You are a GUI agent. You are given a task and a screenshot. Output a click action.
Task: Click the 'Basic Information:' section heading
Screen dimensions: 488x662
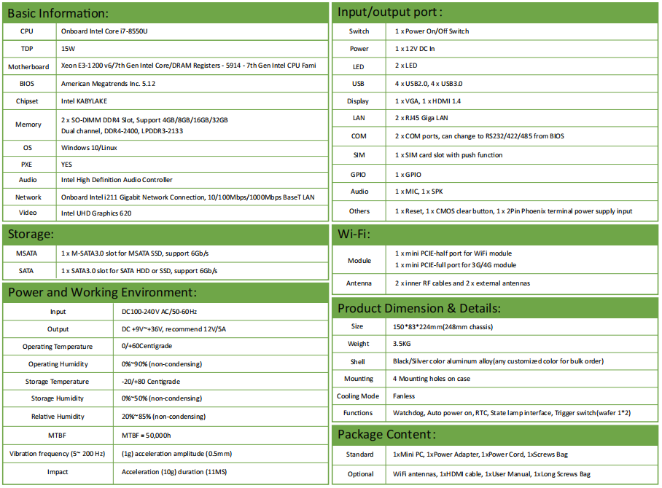pos(58,13)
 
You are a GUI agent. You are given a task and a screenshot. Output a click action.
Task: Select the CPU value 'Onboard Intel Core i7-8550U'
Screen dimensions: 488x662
pos(109,31)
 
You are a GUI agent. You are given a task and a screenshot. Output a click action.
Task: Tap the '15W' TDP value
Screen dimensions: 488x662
pos(69,49)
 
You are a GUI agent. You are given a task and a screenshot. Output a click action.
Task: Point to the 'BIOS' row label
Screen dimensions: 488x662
pos(27,84)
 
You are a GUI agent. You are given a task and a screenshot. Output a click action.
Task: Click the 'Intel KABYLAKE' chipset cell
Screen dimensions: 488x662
pos(85,101)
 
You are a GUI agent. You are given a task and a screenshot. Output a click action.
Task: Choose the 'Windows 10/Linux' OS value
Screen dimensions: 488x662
pos(89,148)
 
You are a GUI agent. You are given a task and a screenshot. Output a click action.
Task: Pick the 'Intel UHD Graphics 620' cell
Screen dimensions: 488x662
pos(96,213)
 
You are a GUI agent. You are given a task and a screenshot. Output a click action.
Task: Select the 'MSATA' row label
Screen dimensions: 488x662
pos(27,253)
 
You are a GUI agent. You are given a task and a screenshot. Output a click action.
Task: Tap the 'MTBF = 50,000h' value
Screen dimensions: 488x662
pos(146,435)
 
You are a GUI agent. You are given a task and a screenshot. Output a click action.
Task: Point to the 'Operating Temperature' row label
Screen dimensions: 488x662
pos(58,347)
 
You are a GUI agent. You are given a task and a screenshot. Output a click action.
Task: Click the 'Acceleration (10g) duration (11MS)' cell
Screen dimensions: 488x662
pos(174,472)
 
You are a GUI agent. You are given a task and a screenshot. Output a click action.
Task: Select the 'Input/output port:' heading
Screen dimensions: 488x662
pos(390,13)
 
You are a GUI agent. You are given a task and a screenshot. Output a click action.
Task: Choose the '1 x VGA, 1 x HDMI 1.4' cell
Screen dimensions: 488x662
pos(428,101)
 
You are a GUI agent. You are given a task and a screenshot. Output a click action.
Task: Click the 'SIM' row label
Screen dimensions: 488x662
pos(359,155)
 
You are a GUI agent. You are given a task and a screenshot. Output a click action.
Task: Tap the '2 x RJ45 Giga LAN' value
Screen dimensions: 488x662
pos(421,118)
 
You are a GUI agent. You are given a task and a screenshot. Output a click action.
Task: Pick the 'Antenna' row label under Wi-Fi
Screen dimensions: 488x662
pos(359,283)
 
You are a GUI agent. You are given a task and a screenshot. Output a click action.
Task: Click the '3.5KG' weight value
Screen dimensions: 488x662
pos(402,344)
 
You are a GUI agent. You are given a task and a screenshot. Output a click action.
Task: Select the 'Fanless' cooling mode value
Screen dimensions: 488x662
pos(404,396)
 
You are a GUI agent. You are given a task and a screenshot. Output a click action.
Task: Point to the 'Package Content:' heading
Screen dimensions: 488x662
pos(386,435)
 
